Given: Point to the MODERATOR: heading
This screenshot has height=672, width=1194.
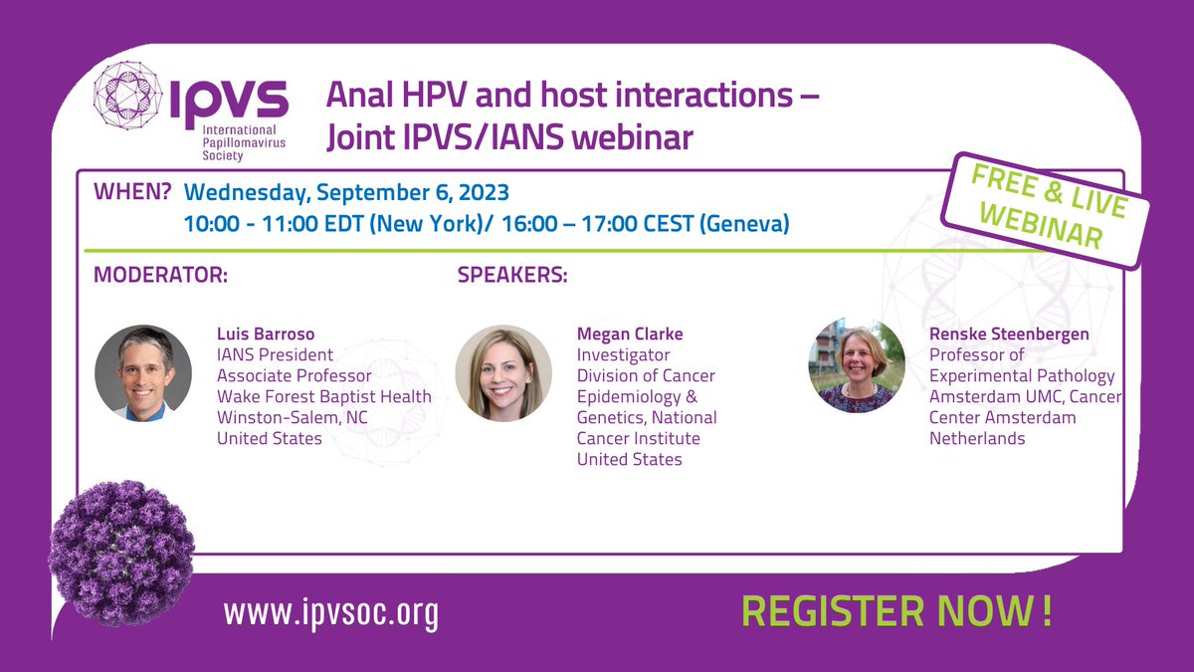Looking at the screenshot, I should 160,275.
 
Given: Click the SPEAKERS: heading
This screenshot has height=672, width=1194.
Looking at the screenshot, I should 512,275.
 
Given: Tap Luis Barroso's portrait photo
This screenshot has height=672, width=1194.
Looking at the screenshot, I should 143,373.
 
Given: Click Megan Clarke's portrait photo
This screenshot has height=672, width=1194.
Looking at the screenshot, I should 503,373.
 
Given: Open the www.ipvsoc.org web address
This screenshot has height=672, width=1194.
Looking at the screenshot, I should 330,614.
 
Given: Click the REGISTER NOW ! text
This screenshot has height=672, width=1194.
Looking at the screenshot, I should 896,611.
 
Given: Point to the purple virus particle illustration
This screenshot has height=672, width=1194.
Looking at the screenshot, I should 113,554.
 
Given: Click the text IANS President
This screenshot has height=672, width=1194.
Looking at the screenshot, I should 276,354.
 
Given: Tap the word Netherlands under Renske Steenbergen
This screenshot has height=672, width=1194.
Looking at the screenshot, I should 977,438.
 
